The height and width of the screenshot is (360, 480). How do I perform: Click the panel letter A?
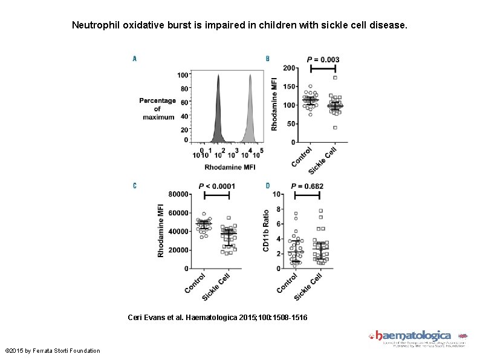[134, 59]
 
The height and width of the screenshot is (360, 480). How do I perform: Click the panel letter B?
[268, 59]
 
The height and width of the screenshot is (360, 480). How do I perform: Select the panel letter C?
[134, 185]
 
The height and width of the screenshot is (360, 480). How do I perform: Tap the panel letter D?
[268, 185]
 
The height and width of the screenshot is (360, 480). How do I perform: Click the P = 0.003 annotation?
[323, 59]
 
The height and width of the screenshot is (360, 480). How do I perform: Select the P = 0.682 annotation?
[307, 186]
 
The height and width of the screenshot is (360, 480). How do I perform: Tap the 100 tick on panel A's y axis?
[182, 75]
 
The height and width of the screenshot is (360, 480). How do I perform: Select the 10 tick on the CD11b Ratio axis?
[276, 194]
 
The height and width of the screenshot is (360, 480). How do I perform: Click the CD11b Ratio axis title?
[266, 231]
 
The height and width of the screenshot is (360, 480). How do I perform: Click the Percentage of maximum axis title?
[157, 108]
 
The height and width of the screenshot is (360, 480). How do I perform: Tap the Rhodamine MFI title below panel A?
[230, 166]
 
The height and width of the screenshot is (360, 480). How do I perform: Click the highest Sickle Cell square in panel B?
[335, 77]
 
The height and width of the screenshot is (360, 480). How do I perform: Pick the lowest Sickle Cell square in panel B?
[335, 128]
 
